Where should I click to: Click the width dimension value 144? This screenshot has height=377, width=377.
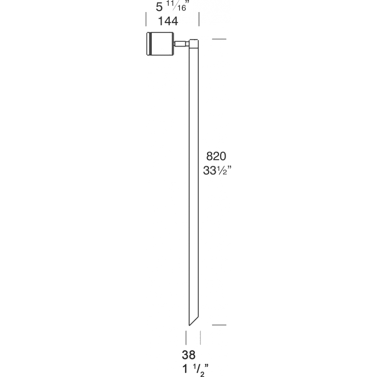[x=168, y=22]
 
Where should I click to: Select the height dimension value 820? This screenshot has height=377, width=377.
[x=216, y=156]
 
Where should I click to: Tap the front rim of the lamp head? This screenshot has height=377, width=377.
[x=148, y=44]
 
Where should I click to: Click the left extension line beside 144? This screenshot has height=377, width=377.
[x=146, y=19]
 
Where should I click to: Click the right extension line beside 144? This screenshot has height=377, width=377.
[x=199, y=19]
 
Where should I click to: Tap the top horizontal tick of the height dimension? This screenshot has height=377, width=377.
[x=220, y=39]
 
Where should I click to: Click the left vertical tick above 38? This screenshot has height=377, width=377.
[x=187, y=337]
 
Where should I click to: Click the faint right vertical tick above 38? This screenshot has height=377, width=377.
[x=200, y=337]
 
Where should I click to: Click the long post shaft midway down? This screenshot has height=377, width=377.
[x=193, y=181]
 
